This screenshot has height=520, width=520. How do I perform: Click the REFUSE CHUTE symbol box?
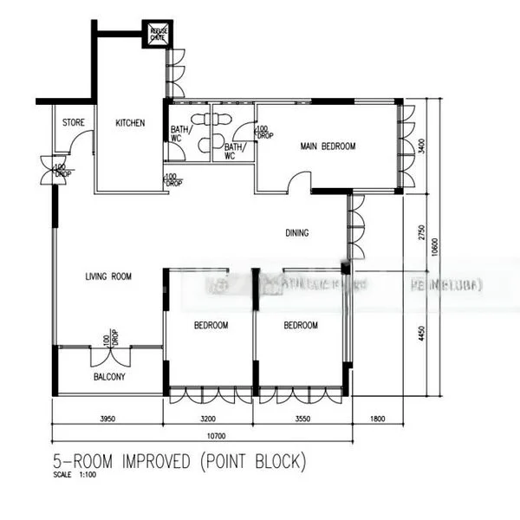159,34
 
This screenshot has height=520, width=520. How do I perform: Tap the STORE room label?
74,123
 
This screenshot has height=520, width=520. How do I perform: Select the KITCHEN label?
130,123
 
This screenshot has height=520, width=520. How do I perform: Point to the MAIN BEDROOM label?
328,146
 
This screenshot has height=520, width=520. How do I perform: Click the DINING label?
298,232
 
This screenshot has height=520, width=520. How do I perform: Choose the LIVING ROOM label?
108,277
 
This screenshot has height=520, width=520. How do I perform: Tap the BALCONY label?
109,377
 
